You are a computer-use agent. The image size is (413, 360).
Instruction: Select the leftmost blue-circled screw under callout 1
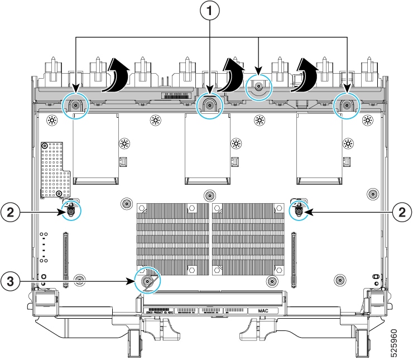[75, 104]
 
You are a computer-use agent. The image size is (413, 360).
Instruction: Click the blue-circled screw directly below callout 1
[210, 104]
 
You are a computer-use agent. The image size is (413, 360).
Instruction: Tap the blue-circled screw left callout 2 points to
[71, 211]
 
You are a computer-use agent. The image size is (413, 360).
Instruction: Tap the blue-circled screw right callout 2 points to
[300, 211]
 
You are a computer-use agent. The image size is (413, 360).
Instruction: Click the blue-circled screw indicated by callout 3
[147, 281]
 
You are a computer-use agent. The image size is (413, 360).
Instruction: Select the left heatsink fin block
[171, 239]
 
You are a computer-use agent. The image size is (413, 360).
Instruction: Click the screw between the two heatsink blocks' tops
[209, 195]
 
